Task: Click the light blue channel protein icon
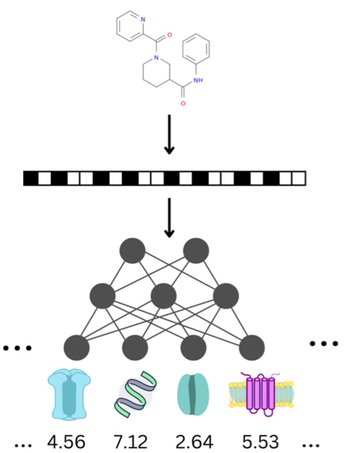69,394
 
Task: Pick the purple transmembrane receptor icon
261,394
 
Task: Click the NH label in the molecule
198,80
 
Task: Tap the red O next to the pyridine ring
169,35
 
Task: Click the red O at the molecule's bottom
183,103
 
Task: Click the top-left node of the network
132,250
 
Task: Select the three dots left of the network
17,348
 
